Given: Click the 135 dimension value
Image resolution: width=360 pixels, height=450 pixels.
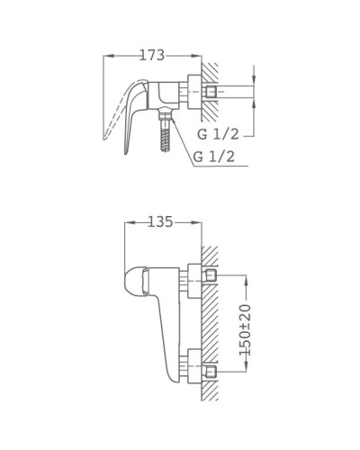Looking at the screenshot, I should point(158,221).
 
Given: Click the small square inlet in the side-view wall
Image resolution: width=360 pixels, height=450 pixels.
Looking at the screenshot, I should point(211,92).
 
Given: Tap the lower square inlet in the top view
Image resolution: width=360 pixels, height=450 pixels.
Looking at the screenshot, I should point(211,369).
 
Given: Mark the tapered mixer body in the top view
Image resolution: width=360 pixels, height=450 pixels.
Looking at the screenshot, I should point(168,333).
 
